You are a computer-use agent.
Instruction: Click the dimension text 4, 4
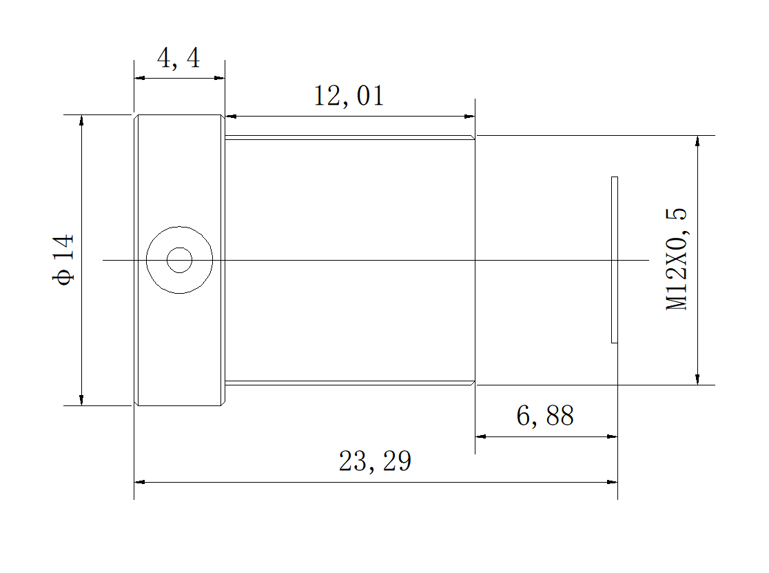[x=178, y=59]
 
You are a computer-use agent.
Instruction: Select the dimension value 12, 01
[x=349, y=96]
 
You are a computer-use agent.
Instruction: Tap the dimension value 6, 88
[x=544, y=416]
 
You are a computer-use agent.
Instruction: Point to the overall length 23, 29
[x=375, y=461]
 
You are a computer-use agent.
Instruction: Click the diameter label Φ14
[x=63, y=260]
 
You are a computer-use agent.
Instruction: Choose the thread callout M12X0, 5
[x=677, y=260]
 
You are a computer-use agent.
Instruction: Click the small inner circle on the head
[x=179, y=260]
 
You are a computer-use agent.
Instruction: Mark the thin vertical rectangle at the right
[x=614, y=260]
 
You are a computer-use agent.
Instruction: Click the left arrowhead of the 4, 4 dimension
[x=139, y=78]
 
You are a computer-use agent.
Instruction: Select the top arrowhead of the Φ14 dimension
[x=81, y=120]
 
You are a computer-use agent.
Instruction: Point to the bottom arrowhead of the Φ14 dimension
[x=81, y=400]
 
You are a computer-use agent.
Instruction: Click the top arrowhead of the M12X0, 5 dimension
[x=697, y=141]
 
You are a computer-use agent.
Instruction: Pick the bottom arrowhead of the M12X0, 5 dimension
[x=697, y=379]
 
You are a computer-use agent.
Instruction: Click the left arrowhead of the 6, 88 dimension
[x=481, y=436]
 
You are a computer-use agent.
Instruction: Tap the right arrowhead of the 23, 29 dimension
[x=612, y=481]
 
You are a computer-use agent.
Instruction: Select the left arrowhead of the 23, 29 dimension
[x=139, y=481]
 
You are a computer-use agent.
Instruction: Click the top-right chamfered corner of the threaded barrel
[x=473, y=137]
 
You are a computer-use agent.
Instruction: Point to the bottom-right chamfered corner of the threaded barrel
[x=473, y=383]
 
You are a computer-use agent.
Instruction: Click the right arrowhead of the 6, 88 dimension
[x=612, y=436]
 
